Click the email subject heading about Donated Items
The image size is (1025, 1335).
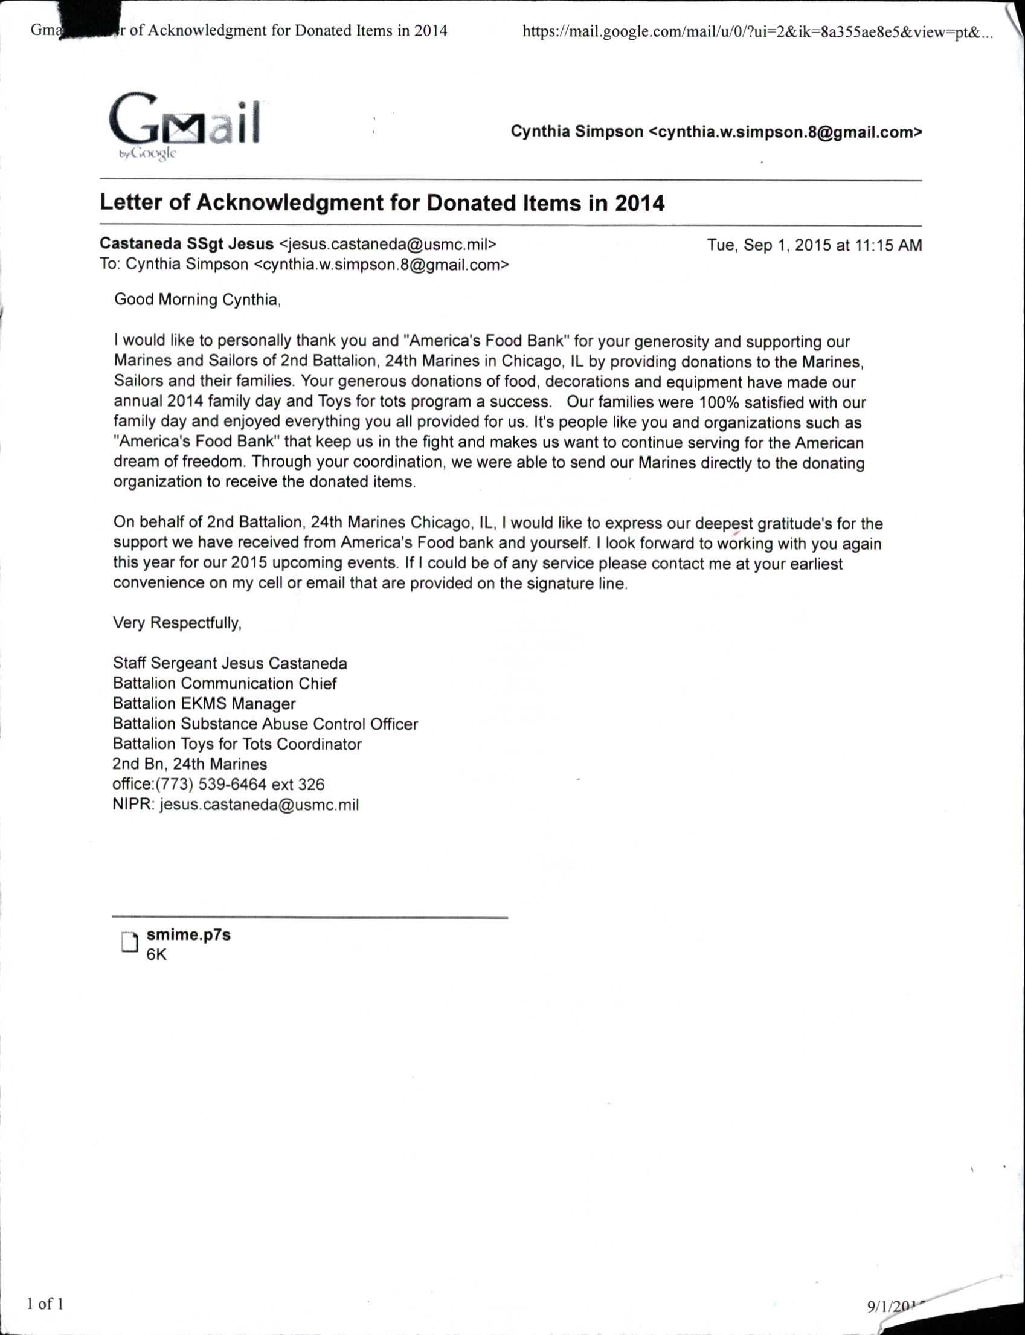(382, 203)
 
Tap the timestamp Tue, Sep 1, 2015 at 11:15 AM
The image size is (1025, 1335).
(814, 245)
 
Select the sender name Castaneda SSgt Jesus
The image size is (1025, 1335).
(187, 244)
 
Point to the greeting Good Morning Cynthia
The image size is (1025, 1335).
(197, 300)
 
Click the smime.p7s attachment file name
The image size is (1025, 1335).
(188, 934)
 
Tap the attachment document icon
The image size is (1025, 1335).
(129, 942)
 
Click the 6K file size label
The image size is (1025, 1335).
(156, 955)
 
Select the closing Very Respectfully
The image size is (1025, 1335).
(177, 623)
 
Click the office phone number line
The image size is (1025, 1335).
(219, 785)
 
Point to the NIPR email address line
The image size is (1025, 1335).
(236, 805)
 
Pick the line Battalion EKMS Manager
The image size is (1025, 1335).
(204, 704)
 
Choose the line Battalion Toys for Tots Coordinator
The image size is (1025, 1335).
(237, 744)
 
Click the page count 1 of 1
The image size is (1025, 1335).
(45, 1304)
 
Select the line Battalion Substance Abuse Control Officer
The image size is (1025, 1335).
(265, 724)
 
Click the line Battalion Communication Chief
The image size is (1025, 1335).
(225, 683)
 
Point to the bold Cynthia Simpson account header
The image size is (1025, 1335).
(716, 132)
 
